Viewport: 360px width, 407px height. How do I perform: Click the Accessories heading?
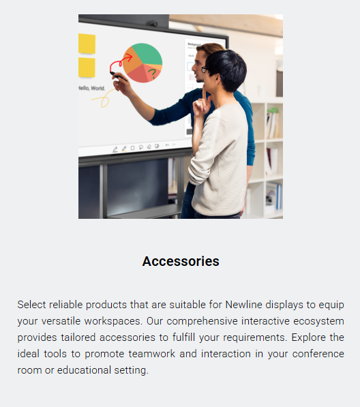[x=181, y=261]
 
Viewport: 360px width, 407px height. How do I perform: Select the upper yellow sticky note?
[x=87, y=44]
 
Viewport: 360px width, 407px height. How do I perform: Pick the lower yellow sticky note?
[x=87, y=67]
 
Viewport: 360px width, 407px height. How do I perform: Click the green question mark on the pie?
[x=153, y=74]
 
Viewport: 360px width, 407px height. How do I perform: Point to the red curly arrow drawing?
[x=119, y=62]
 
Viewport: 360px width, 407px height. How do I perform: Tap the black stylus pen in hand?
[x=119, y=76]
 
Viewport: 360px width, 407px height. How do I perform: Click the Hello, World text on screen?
[x=91, y=88]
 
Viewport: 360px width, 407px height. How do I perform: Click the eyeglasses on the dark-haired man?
[x=205, y=70]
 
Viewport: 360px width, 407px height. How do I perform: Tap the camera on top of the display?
[x=153, y=24]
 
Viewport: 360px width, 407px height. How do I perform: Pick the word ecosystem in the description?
[x=318, y=321]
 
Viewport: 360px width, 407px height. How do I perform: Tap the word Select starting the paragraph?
[x=31, y=305]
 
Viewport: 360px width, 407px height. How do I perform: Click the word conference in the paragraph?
[x=318, y=354]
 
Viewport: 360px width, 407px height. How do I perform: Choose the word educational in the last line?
[x=84, y=370]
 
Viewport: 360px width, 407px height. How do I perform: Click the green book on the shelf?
[x=273, y=110]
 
